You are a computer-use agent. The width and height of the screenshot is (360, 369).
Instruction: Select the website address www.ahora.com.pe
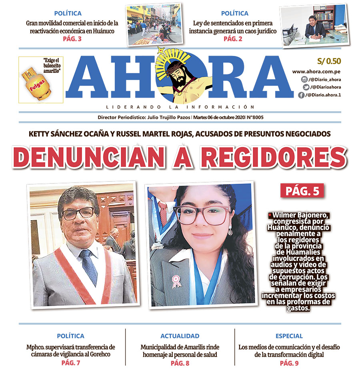pos(316,72)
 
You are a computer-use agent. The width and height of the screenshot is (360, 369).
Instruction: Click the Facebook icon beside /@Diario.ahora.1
pos(301,95)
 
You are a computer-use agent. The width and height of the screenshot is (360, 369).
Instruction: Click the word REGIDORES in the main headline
pos(273,157)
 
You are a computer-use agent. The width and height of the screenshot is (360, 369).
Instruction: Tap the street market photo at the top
pos(154,25)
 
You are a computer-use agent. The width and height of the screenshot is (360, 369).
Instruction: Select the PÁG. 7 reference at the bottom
pos(71,363)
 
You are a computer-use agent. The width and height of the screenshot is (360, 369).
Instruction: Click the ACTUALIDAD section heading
pos(180,336)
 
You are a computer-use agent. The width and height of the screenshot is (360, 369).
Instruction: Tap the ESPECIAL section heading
pos(289,336)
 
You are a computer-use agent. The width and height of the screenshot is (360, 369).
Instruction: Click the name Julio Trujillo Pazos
pos(169,118)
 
